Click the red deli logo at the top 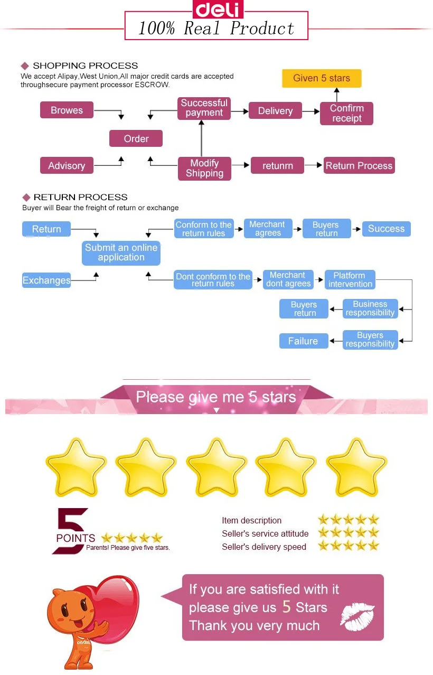(x=216, y=9)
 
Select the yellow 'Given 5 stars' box (x=322, y=78)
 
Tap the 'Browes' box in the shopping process (x=67, y=110)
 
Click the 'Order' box (x=136, y=138)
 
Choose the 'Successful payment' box (x=204, y=108)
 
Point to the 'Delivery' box (x=275, y=110)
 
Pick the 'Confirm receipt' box (x=346, y=113)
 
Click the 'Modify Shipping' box (x=204, y=168)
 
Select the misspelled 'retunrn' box (x=277, y=165)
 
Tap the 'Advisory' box (x=67, y=165)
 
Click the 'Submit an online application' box (x=121, y=252)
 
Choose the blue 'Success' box (x=386, y=229)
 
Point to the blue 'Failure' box (x=303, y=341)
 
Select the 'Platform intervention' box (x=350, y=279)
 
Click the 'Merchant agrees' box (x=268, y=229)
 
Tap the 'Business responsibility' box (x=370, y=308)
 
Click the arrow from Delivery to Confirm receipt (x=311, y=111)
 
